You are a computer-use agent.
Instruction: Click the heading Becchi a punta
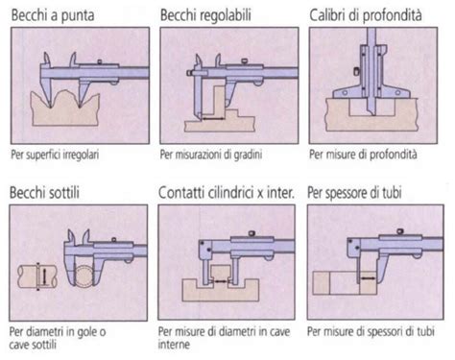(56, 14)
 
